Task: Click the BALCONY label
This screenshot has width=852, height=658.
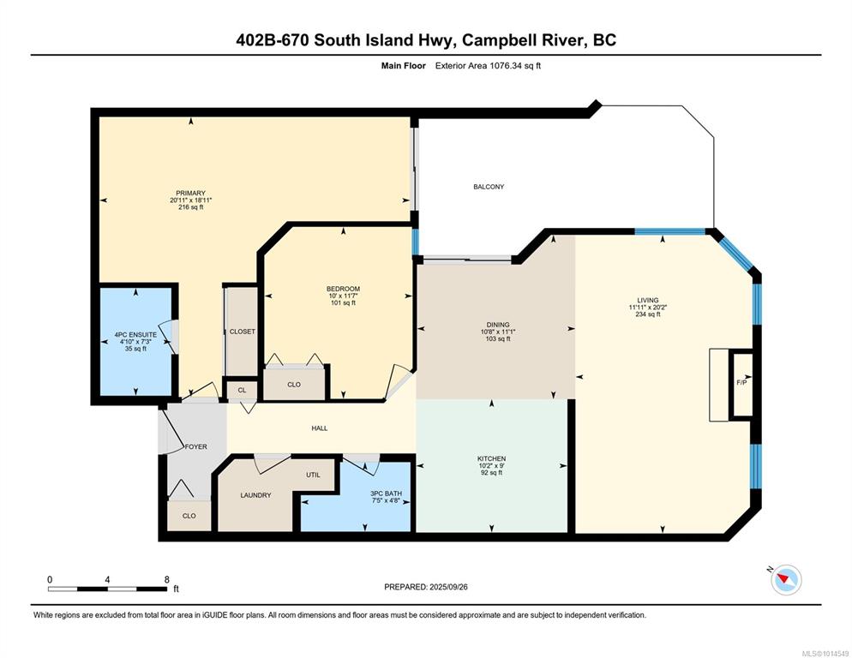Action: click(x=489, y=187)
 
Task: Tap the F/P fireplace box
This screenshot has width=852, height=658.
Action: click(x=741, y=386)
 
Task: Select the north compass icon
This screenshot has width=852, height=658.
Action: click(x=786, y=579)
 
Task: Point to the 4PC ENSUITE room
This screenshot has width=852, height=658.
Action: click(x=135, y=341)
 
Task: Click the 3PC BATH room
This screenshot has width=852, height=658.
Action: click(x=357, y=496)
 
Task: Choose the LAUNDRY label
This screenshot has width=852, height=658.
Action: click(x=255, y=495)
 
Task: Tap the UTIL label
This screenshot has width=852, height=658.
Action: click(x=313, y=475)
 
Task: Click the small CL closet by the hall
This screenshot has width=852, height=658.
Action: click(x=242, y=390)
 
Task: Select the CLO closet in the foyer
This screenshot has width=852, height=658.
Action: click(x=189, y=516)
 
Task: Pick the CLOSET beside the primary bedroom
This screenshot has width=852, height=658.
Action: click(x=242, y=331)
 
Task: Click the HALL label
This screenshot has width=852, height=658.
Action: click(x=320, y=428)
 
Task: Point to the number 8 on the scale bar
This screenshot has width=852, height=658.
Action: click(x=167, y=580)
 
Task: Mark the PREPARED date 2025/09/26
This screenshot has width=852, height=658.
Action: click(x=448, y=587)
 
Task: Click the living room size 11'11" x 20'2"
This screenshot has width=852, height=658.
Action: click(x=648, y=307)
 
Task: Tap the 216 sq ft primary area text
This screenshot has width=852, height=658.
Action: click(x=191, y=207)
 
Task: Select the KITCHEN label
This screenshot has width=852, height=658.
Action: click(x=492, y=458)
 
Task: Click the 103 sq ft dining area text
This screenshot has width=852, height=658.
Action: click(x=498, y=338)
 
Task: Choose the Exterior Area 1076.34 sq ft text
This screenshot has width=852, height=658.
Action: click(x=488, y=66)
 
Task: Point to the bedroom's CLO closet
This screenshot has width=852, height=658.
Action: click(x=294, y=384)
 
